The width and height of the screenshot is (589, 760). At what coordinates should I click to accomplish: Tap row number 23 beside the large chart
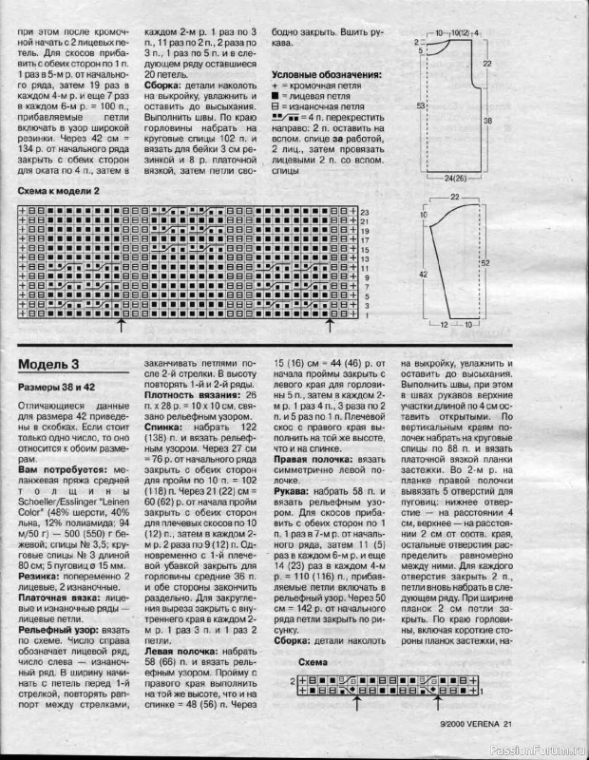tap(364, 211)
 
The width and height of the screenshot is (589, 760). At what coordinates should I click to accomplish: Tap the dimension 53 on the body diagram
tap(419, 106)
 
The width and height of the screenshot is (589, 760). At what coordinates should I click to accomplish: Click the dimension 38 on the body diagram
tap(486, 122)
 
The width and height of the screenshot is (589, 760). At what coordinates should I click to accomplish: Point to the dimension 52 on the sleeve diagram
tap(485, 262)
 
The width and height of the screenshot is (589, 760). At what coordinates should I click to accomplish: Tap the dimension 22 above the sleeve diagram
tap(454, 196)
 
